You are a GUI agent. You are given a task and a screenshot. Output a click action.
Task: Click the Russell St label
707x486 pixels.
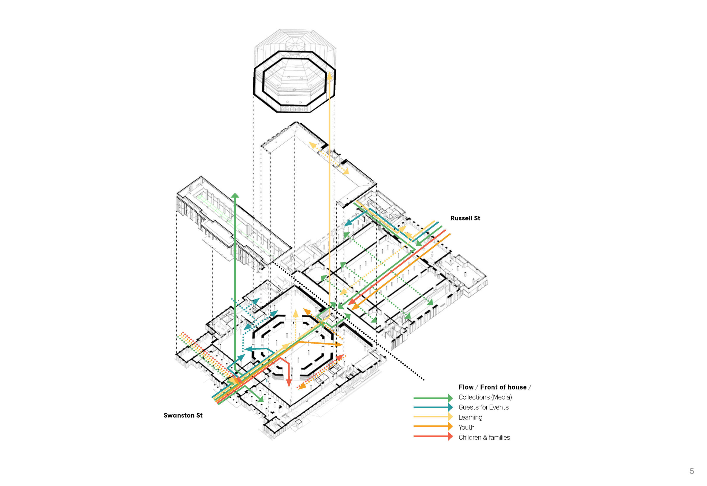tap(465, 218)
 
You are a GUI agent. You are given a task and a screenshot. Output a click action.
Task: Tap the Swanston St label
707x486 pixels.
tap(183, 415)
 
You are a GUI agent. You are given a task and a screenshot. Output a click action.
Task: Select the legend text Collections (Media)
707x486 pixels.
tap(485, 397)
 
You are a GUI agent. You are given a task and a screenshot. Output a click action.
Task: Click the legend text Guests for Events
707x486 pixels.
tap(483, 407)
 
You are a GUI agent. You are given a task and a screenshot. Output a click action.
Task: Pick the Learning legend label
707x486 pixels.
tap(470, 417)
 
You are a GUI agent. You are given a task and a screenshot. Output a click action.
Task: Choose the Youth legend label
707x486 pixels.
tap(466, 427)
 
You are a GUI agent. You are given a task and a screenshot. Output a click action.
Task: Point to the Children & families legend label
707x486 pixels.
tap(484, 437)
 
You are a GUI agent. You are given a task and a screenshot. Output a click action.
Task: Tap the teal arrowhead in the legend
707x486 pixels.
tap(450, 407)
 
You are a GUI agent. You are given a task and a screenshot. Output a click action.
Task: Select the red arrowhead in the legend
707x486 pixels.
tap(450, 436)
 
